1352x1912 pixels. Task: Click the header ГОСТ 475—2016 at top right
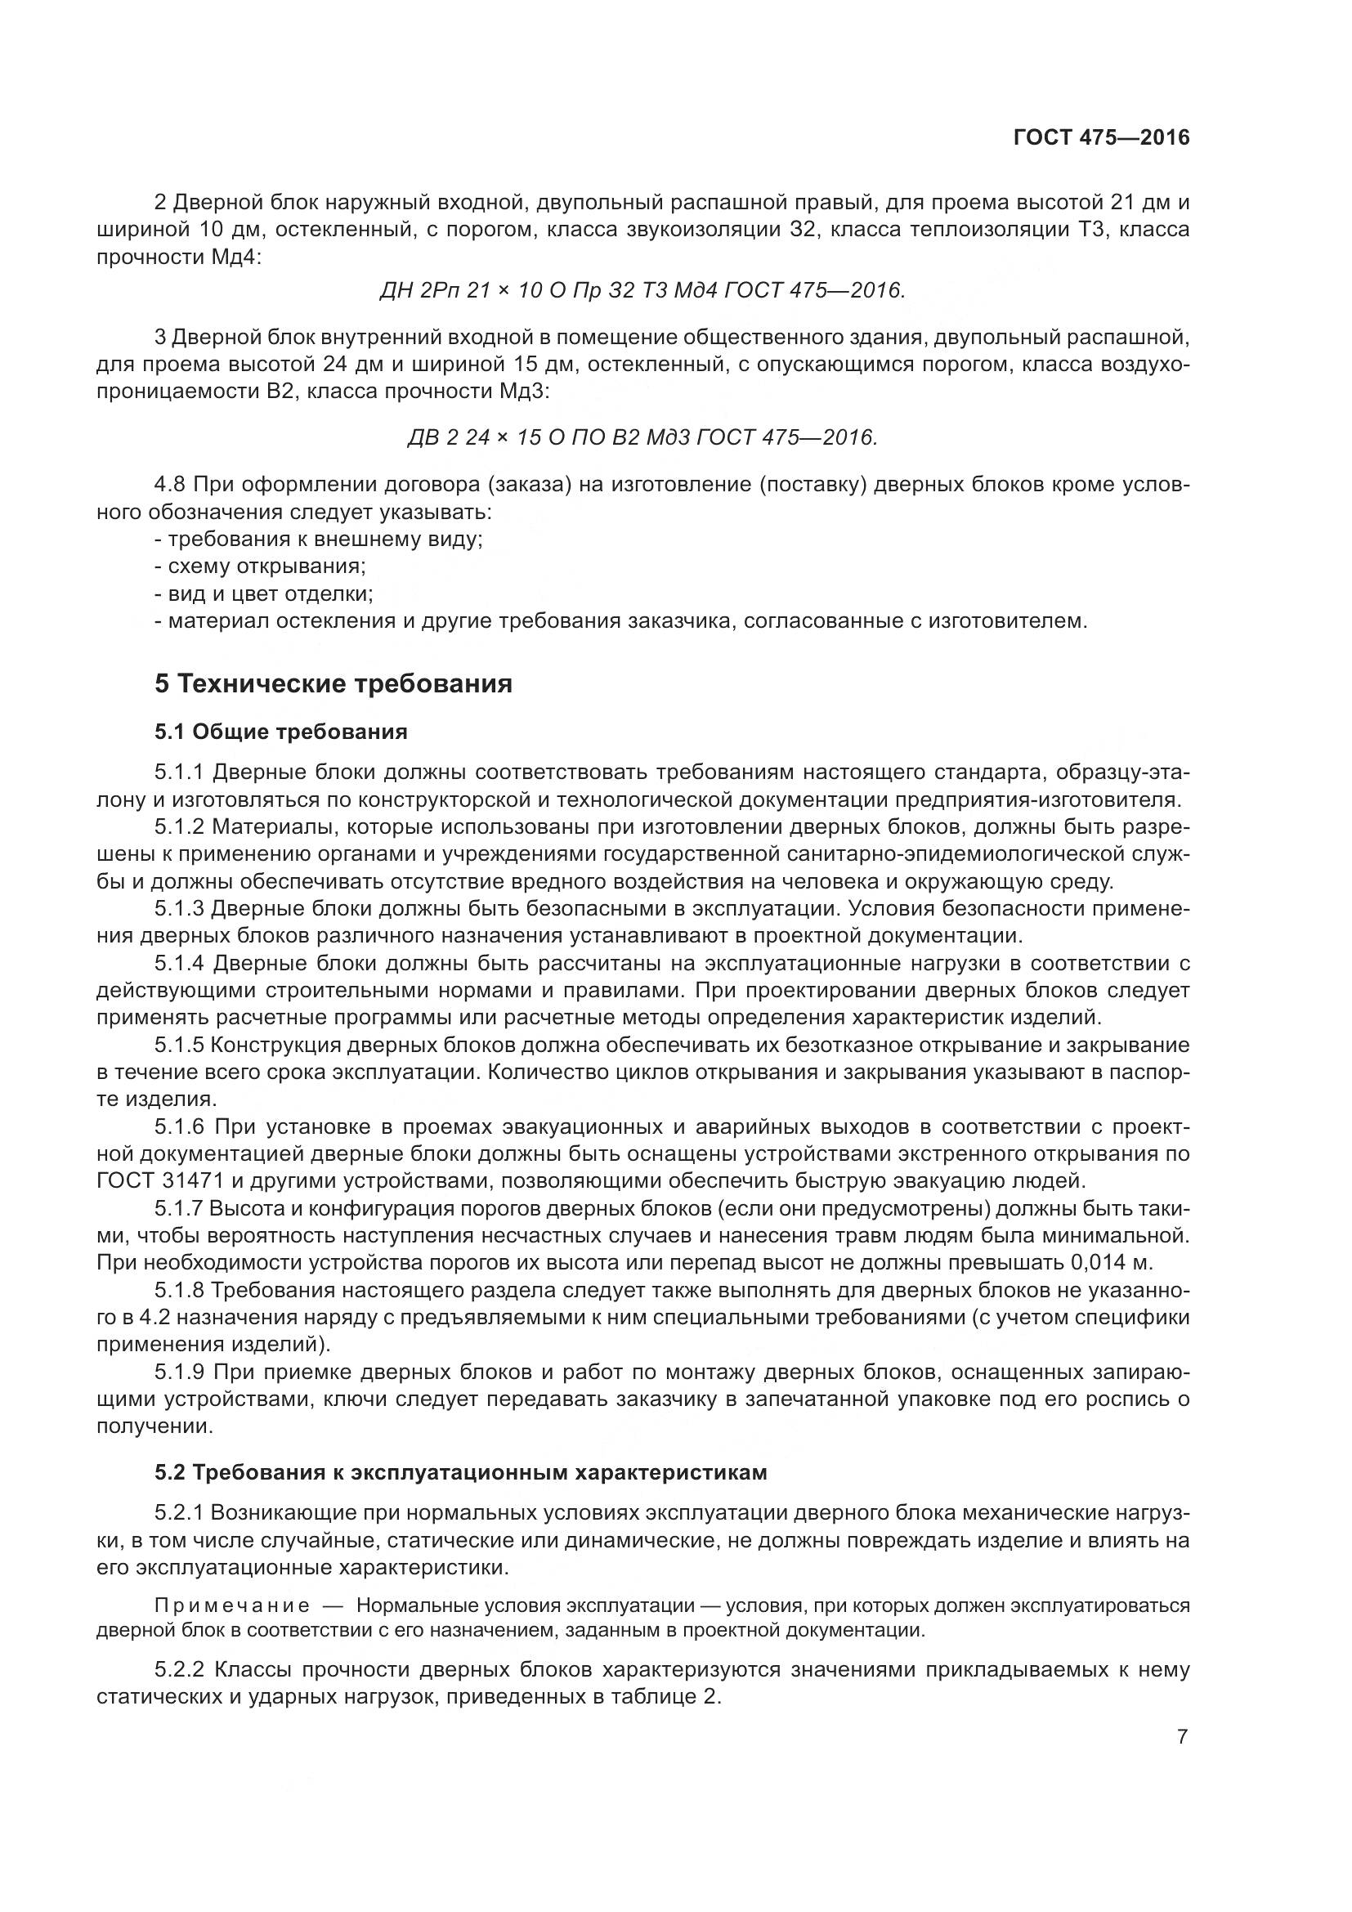pos(1101,137)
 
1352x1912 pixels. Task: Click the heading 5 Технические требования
pos(333,683)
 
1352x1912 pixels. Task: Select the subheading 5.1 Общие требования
pos(280,732)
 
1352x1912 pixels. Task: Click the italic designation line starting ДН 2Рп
pos(641,291)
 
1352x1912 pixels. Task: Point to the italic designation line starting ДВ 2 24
pos(642,437)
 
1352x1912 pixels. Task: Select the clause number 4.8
pos(169,485)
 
